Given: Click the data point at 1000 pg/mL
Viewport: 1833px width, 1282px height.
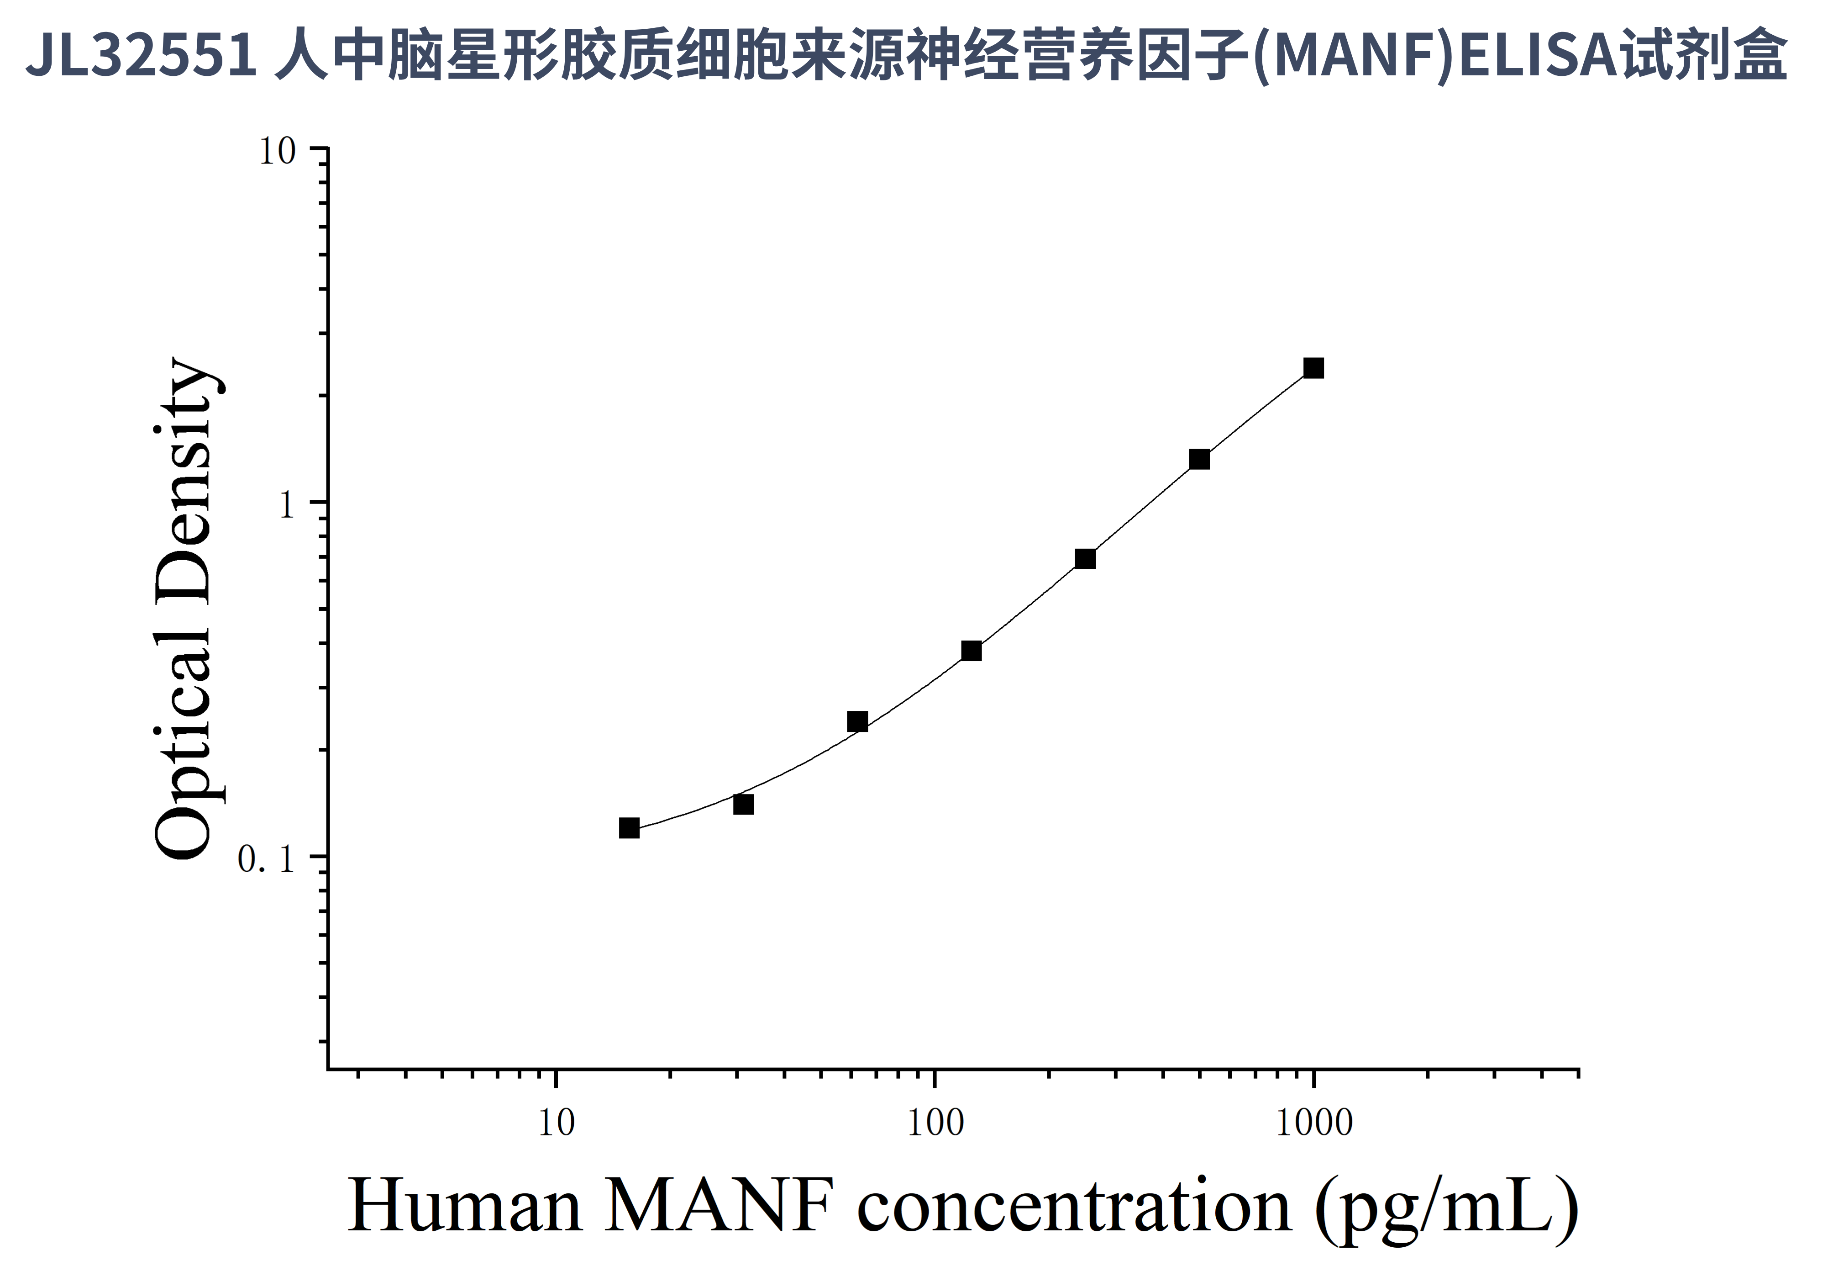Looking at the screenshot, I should tap(1313, 368).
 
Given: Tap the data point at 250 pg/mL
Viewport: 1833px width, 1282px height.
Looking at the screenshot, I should tap(1085, 559).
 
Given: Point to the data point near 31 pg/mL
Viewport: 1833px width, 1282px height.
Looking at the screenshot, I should tap(743, 805).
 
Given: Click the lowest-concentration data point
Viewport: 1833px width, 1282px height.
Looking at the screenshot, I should tap(629, 828).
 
